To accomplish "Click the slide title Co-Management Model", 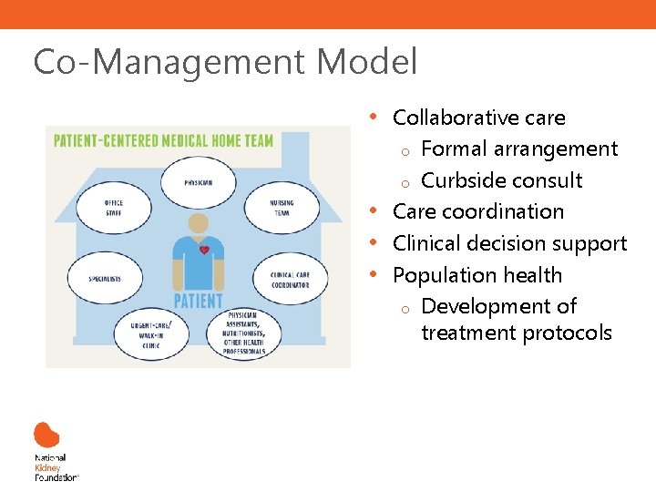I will [x=225, y=63].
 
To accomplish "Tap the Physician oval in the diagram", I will [x=198, y=182].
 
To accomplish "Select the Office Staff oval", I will [x=114, y=208].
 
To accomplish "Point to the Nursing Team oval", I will [x=282, y=208].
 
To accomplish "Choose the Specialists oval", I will [x=105, y=277].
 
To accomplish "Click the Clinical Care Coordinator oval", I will [x=289, y=279].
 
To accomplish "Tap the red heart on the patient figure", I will [x=205, y=249].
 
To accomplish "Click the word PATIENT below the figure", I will [x=198, y=301].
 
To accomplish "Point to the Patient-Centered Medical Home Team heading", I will [x=163, y=140].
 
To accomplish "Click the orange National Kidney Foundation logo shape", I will [x=46, y=435].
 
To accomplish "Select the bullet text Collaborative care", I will [x=478, y=118].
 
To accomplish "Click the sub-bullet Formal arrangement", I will [x=519, y=149].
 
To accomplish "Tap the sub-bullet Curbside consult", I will [x=502, y=179].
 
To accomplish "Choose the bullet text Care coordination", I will [x=477, y=211].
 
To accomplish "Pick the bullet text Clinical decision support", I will [x=509, y=243].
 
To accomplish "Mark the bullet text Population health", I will [x=477, y=275].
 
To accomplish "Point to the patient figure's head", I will [x=198, y=224].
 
